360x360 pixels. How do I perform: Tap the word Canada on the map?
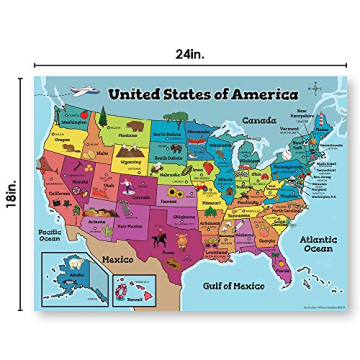(258, 119)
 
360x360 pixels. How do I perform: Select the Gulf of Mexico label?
(233, 285)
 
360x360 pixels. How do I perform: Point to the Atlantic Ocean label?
(318, 243)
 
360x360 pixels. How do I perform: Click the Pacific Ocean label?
(49, 237)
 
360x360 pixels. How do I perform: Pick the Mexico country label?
(118, 258)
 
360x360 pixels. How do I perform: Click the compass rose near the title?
(315, 89)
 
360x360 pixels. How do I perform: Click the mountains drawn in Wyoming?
(130, 168)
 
